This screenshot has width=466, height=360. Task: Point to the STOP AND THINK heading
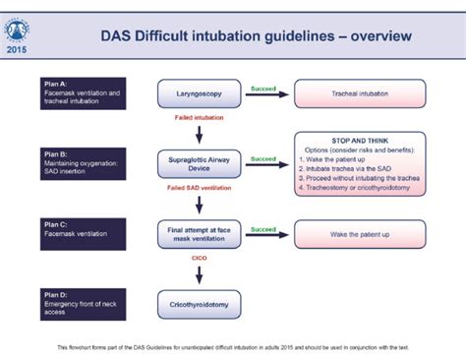click(x=359, y=140)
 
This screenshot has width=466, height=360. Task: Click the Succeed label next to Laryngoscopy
click(x=263, y=86)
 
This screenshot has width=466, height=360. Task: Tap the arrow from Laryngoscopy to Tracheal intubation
click(x=263, y=95)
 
